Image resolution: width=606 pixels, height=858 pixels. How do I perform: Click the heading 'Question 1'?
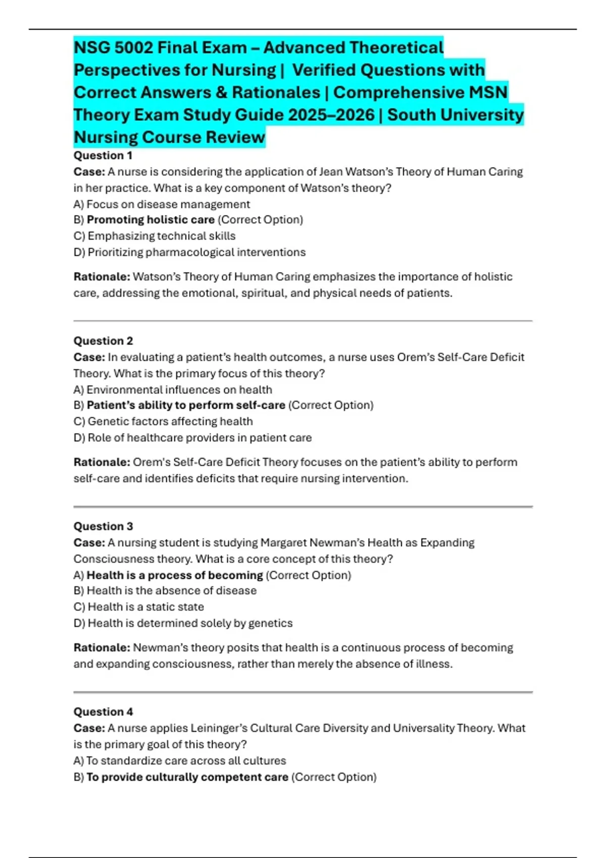coord(103,155)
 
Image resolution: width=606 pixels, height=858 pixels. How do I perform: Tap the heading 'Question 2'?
coord(103,341)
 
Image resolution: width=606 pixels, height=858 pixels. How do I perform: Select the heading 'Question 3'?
coord(103,526)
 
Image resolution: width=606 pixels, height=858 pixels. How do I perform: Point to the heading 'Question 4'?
coord(103,712)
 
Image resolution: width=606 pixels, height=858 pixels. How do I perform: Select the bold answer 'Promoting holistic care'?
coord(150,220)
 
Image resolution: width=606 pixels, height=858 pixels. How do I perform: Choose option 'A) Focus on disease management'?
coord(162,204)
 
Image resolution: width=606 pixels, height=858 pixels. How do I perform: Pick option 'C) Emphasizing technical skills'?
coord(155,236)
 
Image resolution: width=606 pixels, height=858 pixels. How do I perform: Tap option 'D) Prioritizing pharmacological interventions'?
coord(189,252)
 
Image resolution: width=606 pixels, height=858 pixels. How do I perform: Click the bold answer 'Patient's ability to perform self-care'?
coord(186,405)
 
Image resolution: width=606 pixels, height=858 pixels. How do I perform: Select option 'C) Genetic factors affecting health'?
coord(163,421)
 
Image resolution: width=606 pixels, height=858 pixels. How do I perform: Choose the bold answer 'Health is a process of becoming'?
coord(175,575)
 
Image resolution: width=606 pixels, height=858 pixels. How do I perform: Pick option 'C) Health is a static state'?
coord(139,607)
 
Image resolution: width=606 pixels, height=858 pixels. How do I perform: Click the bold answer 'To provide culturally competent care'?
coord(187,777)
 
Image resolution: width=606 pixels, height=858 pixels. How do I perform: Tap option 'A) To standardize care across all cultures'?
coord(180,761)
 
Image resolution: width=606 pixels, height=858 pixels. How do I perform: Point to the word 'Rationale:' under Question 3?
coord(102,648)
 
